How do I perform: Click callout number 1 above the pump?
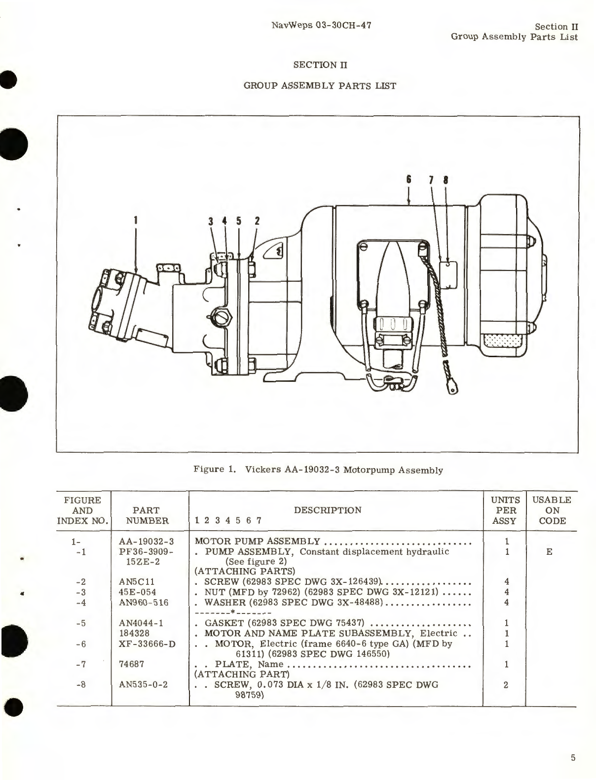click(x=135, y=221)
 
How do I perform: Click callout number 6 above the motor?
click(x=409, y=180)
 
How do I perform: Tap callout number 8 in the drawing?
click(x=446, y=180)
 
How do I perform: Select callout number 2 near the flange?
click(x=257, y=221)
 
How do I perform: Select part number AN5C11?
click(x=137, y=581)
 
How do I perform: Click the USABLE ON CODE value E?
click(x=549, y=551)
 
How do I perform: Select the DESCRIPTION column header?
click(x=328, y=510)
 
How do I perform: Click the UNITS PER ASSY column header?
click(x=506, y=510)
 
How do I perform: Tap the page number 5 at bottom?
click(x=573, y=758)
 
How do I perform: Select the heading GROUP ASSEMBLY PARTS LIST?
click(x=320, y=86)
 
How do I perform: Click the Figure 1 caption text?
click(x=318, y=470)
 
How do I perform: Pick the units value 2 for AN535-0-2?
click(x=506, y=684)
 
